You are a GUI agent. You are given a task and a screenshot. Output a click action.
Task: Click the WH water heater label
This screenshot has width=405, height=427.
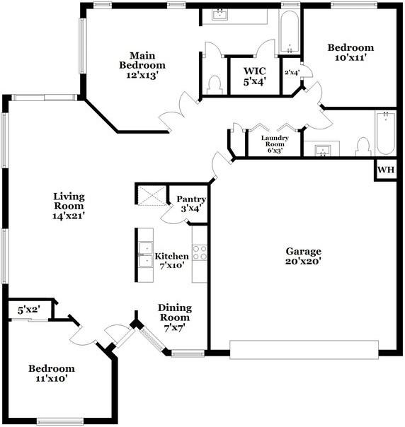coord(386,170)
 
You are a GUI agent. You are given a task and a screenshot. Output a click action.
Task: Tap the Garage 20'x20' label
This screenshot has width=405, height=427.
coord(303,256)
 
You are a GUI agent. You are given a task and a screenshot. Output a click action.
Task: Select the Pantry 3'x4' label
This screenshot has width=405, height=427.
coord(191,204)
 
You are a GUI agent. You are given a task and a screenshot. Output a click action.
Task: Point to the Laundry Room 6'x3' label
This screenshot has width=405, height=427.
coord(275,144)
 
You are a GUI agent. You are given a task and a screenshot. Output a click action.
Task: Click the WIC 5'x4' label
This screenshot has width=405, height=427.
coord(255,76)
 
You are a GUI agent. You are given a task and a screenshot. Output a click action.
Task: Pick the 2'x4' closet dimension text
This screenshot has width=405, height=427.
coord(292,72)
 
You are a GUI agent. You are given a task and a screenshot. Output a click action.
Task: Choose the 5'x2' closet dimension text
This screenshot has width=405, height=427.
coord(29,310)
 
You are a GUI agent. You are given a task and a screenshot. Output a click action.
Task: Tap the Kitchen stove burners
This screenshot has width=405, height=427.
coord(200,252)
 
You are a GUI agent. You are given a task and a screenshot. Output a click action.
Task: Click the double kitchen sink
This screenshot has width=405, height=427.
coord(145,255)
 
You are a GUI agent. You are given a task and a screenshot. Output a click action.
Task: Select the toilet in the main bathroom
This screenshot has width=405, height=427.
coord(215,85)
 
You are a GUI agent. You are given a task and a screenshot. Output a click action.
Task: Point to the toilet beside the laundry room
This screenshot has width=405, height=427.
coord(363,146)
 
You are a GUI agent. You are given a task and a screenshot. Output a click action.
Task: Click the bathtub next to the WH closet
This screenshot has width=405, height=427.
coord(386,133)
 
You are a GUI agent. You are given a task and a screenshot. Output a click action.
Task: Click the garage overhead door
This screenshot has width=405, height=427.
coord(304,350)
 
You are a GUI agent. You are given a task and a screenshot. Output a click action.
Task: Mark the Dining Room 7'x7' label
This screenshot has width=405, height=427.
coord(175,318)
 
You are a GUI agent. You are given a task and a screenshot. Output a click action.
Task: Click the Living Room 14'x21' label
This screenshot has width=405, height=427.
coord(69,206)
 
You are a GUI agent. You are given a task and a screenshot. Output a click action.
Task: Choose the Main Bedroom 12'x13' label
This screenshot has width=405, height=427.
coord(142,65)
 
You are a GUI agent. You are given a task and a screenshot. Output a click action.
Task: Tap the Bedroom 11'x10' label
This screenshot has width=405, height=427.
coord(52,373)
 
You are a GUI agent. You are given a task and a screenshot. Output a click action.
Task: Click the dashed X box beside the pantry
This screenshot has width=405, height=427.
coord(152,195)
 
